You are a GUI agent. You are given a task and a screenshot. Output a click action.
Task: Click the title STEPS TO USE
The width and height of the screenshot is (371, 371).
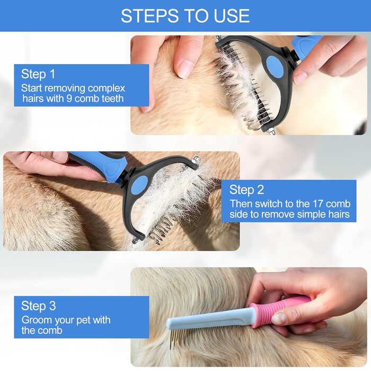coord(185,15)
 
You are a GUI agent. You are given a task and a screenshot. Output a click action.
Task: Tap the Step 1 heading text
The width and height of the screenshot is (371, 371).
coord(38,74)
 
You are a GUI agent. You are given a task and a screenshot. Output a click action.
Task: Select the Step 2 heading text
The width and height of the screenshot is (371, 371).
coord(246,190)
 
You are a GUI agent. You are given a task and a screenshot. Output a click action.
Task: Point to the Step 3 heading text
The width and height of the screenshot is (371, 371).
coord(38,306)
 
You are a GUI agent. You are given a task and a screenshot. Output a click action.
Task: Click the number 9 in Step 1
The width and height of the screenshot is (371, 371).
coord(69,99)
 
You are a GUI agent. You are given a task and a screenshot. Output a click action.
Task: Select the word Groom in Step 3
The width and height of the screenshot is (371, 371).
coord(37,320)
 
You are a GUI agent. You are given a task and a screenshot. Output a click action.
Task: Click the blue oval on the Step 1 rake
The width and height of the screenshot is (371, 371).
coord(275,66)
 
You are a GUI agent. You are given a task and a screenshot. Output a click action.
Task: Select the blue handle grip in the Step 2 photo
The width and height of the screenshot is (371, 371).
coord(100,167)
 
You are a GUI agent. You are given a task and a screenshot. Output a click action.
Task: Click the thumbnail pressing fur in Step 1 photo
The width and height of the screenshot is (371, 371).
coord(184,69)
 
